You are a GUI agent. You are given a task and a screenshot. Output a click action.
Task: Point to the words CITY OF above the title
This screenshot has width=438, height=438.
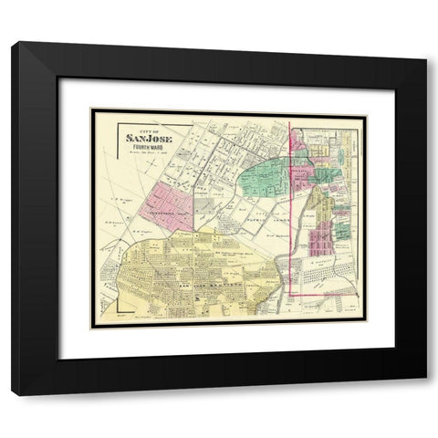149,130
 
